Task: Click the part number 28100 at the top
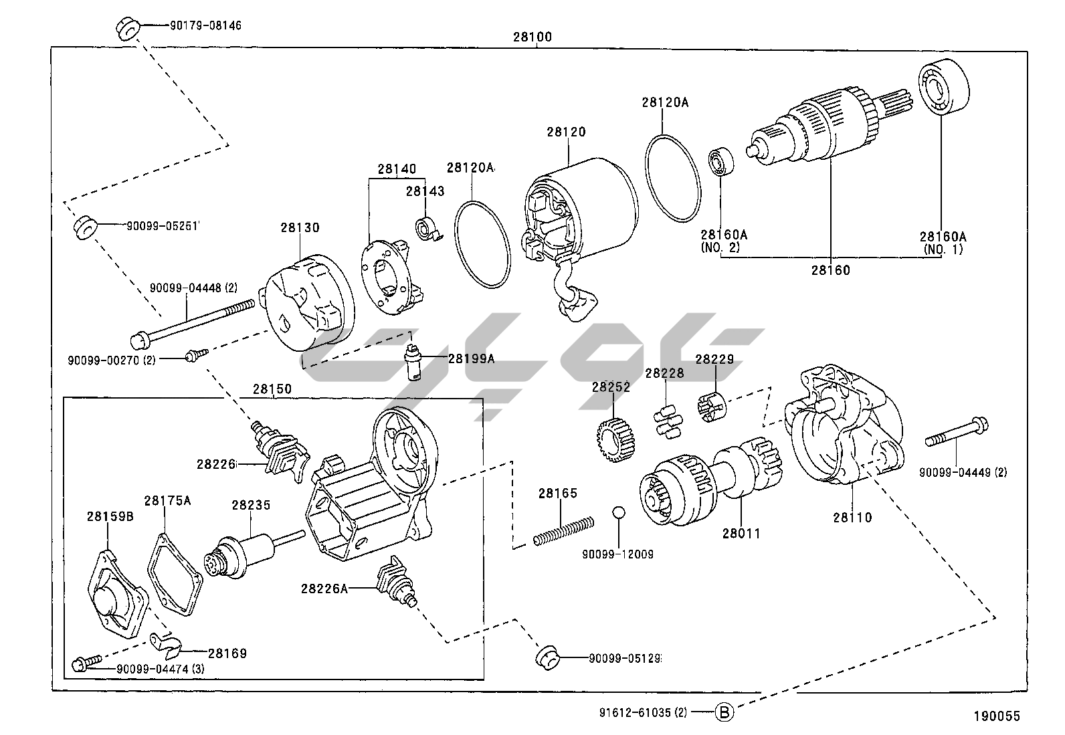tap(532, 37)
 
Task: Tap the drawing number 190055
tap(996, 716)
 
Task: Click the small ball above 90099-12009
tap(618, 512)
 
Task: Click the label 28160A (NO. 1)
tap(943, 243)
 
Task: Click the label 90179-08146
tap(193, 26)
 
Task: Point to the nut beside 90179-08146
tap(127, 29)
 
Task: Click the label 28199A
tap(471, 359)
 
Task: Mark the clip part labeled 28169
tap(165, 644)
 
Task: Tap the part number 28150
tap(272, 389)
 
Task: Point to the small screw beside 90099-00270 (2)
tap(196, 355)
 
